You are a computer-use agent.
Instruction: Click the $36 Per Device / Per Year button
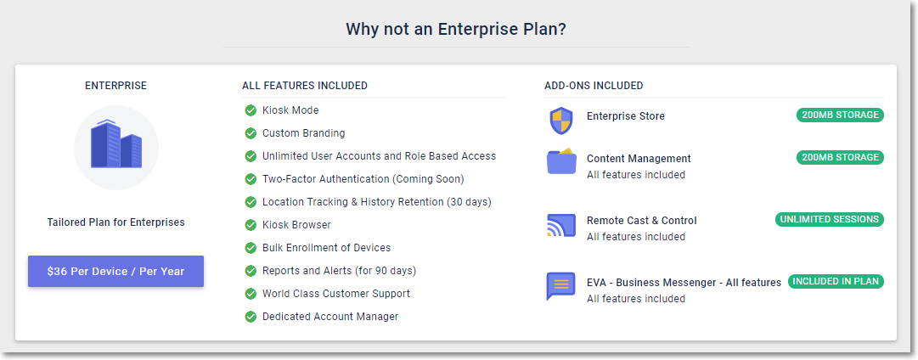(x=116, y=272)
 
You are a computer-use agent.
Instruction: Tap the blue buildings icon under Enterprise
(x=116, y=144)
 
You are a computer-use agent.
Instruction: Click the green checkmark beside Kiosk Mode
(x=251, y=110)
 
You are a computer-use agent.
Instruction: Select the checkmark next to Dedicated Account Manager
(x=251, y=317)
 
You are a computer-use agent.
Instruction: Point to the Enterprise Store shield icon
(x=560, y=121)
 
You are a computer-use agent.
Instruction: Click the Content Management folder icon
(x=561, y=161)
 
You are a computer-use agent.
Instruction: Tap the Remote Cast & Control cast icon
(x=560, y=225)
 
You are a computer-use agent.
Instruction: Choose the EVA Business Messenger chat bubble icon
(x=560, y=286)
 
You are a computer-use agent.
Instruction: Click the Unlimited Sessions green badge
(x=829, y=220)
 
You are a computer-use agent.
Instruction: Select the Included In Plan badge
(x=836, y=282)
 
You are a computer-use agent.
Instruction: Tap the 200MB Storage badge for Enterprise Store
(x=840, y=115)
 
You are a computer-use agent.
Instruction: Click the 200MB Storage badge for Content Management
(x=840, y=157)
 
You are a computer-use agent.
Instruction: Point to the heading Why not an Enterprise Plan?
(x=456, y=29)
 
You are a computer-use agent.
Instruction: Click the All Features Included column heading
(x=305, y=86)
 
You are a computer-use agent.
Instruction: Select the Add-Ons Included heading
(x=594, y=86)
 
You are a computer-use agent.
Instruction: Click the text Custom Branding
(x=304, y=133)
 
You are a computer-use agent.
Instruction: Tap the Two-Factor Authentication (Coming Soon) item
(x=363, y=179)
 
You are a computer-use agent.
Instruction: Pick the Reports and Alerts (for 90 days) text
(x=340, y=271)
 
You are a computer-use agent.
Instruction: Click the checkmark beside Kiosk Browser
(x=251, y=225)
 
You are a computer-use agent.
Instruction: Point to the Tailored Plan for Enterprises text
(x=116, y=222)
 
